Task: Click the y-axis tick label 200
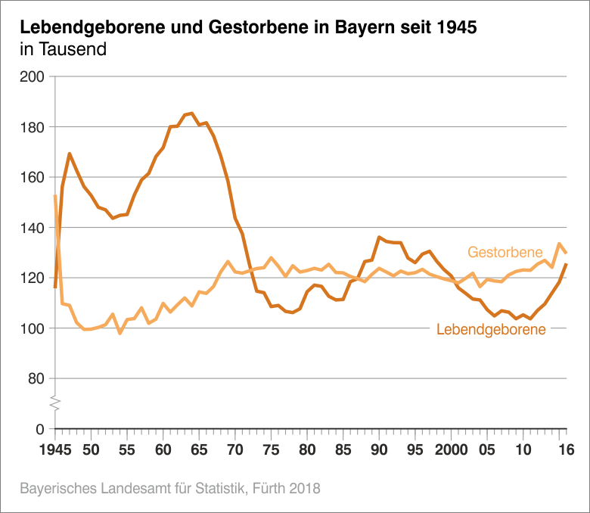click(x=33, y=76)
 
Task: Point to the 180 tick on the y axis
click(x=33, y=127)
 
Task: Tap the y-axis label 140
click(x=33, y=228)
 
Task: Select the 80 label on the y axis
click(x=37, y=378)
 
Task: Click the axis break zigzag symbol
click(x=54, y=403)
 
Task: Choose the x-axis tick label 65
click(x=199, y=449)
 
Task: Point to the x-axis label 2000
click(x=451, y=449)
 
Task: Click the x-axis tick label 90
click(x=379, y=449)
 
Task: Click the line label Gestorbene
click(x=505, y=251)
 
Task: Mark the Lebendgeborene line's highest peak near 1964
click(x=191, y=113)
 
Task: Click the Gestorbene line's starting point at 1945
click(x=54, y=196)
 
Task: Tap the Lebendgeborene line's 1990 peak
click(x=379, y=237)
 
